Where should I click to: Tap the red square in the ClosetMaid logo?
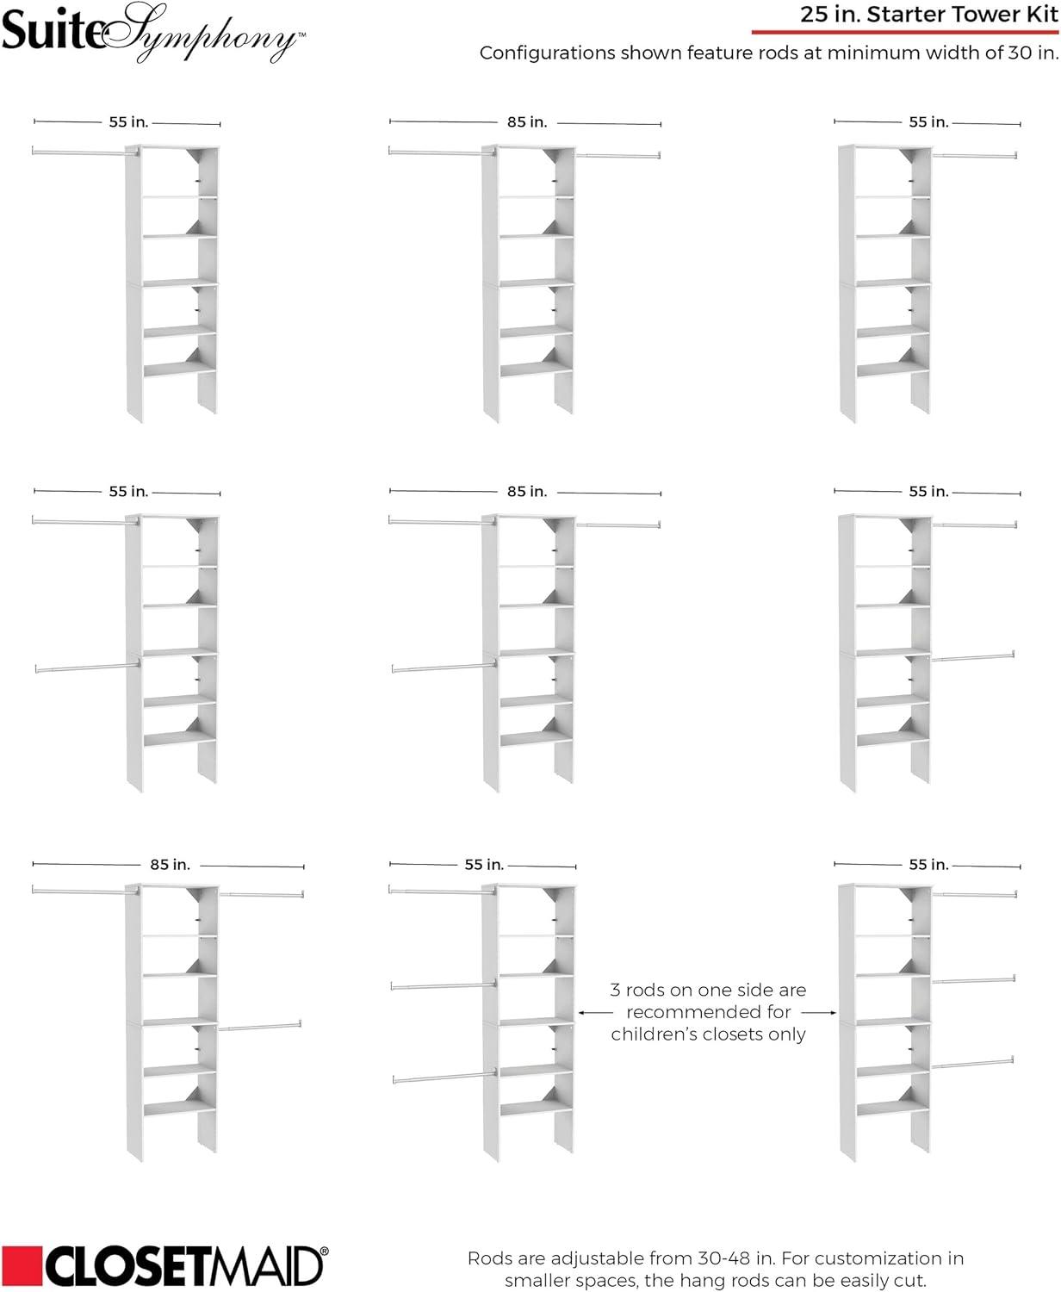pos(20,1265)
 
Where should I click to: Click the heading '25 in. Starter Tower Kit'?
pos(929,14)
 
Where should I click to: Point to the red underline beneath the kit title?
pos(904,33)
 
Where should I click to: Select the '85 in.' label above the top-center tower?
pos(527,122)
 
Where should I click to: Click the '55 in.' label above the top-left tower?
pos(128,122)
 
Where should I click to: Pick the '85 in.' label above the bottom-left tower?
pos(170,865)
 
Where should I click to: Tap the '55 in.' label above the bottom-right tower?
pos(928,865)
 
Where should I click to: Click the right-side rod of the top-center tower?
pos(618,156)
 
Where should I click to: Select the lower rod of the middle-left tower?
pos(86,667)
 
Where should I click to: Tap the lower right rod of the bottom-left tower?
pos(260,1026)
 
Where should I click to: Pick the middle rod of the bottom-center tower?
pos(443,985)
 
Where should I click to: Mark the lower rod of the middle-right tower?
pos(973,658)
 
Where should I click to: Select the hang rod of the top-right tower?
pos(975,156)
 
